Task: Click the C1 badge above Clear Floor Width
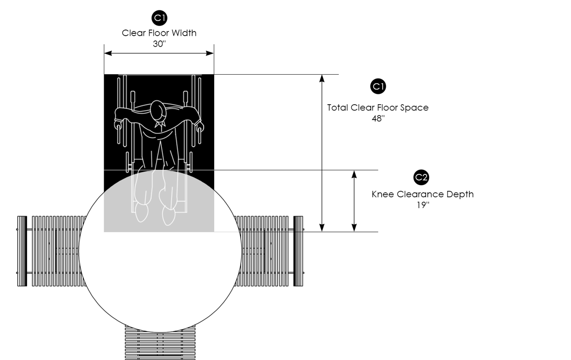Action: coord(159,18)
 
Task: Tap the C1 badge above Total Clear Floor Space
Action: coord(378,86)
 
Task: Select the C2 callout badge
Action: coord(422,178)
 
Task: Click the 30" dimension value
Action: coord(159,43)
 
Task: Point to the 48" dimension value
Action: coord(378,118)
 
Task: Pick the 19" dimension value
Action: coord(422,205)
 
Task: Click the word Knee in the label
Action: coord(383,194)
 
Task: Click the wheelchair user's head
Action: coord(158,112)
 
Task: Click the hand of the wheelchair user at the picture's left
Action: coord(118,126)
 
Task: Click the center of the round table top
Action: coord(160,251)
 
